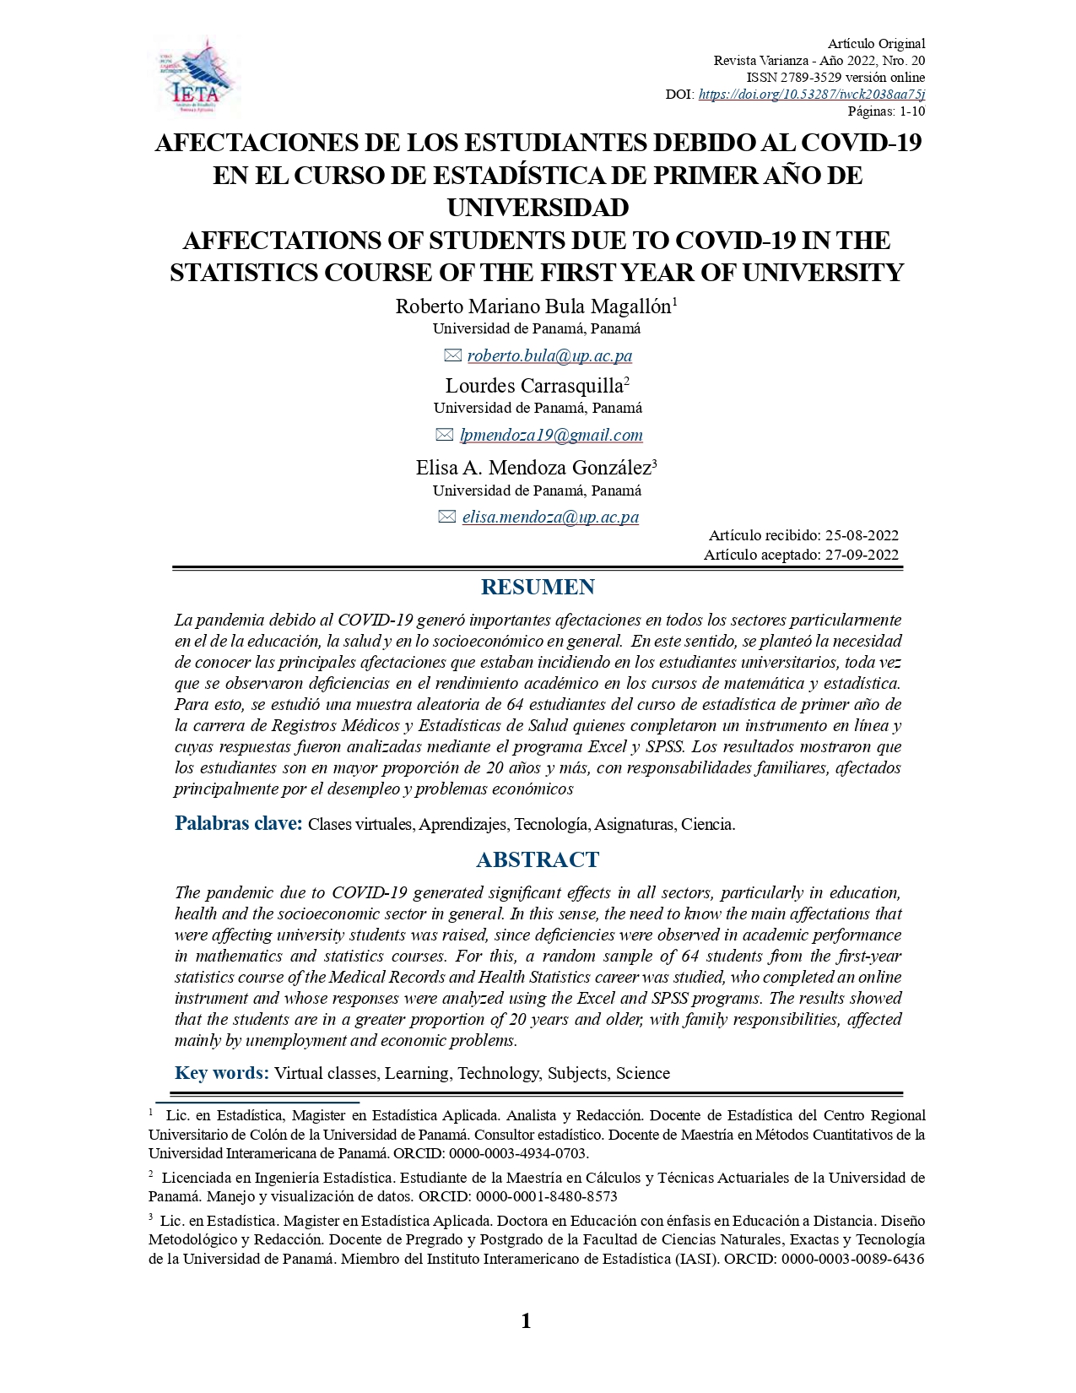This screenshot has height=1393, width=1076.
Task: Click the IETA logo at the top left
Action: click(x=196, y=76)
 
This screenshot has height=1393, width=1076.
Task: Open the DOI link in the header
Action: click(x=811, y=95)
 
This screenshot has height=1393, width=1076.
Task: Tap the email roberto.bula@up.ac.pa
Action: click(x=549, y=356)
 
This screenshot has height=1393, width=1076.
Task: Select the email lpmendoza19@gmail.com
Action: click(x=551, y=436)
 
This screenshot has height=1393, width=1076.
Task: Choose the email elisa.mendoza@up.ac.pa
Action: click(x=550, y=518)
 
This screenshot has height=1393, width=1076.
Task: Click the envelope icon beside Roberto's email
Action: click(x=452, y=356)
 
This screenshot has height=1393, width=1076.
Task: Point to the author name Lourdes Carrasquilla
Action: click(x=534, y=387)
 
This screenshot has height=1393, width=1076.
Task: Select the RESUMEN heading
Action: click(x=538, y=588)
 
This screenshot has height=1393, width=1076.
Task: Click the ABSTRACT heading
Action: click(x=538, y=860)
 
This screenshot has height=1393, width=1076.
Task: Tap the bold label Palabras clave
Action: click(x=238, y=824)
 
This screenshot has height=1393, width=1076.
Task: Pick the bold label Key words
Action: click(x=222, y=1073)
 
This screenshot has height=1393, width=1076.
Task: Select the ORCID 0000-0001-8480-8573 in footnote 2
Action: click(x=546, y=1197)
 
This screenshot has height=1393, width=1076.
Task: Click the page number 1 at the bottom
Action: click(x=527, y=1321)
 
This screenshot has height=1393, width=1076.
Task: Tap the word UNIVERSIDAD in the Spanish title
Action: click(x=538, y=208)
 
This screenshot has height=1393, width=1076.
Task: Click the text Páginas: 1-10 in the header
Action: click(x=886, y=111)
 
